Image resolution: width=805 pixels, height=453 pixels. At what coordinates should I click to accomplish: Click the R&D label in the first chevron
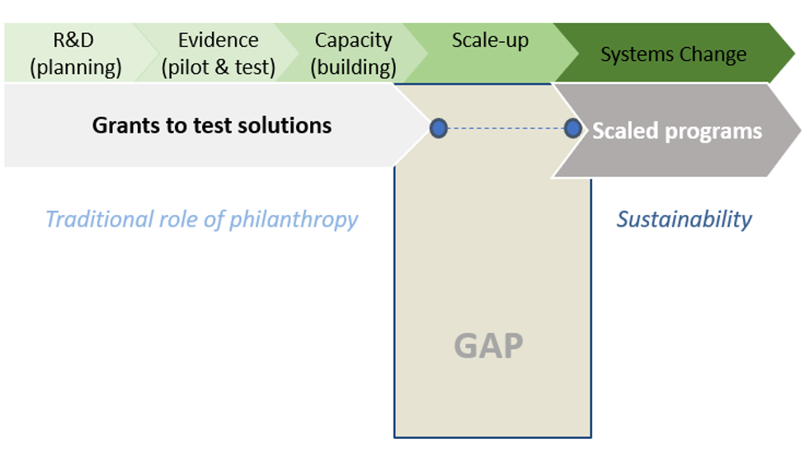(x=73, y=40)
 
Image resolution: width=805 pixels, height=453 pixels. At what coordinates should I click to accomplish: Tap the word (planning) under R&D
(x=76, y=68)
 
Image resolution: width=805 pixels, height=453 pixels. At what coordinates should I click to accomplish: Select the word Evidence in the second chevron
(x=219, y=40)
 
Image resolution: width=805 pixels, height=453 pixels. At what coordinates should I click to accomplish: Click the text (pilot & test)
(x=219, y=68)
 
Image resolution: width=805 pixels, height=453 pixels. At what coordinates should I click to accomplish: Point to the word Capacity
(x=353, y=41)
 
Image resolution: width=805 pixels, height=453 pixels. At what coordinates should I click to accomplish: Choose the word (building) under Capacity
(x=353, y=68)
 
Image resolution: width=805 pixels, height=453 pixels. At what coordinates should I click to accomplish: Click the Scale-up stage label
(x=490, y=41)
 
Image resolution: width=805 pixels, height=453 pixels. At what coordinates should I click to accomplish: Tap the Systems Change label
(x=674, y=54)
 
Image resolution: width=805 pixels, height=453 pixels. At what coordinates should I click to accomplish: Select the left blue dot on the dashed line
(x=439, y=128)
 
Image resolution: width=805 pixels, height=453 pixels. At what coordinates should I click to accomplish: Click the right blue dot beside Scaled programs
(x=572, y=128)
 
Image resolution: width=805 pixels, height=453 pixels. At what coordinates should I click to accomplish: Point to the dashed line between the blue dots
(x=506, y=128)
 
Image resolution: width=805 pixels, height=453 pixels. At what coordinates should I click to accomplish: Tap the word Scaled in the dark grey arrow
(x=625, y=131)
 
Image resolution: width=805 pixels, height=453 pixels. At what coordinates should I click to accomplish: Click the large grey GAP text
(x=489, y=346)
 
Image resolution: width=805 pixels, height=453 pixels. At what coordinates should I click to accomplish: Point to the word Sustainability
(x=685, y=219)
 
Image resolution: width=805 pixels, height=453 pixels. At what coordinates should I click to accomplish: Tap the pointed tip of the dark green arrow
(x=795, y=53)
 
